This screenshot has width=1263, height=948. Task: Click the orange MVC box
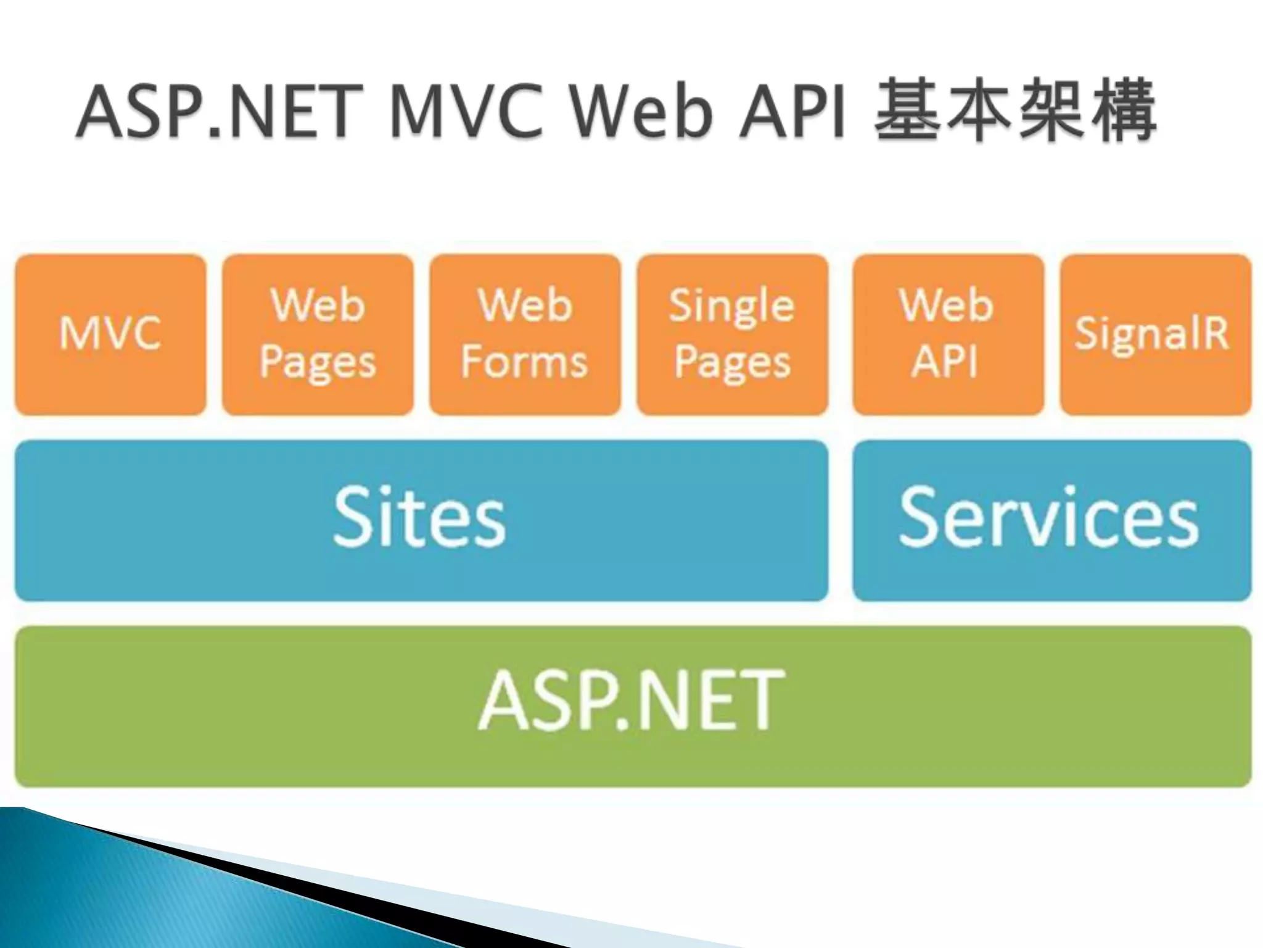click(110, 334)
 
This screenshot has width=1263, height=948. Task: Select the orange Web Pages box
click(318, 334)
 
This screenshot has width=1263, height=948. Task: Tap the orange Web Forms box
click(525, 334)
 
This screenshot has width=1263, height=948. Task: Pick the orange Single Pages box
click(732, 334)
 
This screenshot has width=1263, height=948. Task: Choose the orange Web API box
click(948, 334)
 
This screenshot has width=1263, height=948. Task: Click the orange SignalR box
click(1155, 334)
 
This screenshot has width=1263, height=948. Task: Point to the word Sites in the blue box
click(419, 517)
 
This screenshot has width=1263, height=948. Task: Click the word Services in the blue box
click(1048, 517)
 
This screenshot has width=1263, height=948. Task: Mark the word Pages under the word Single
click(732, 362)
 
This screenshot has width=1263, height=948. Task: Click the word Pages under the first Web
click(318, 362)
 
